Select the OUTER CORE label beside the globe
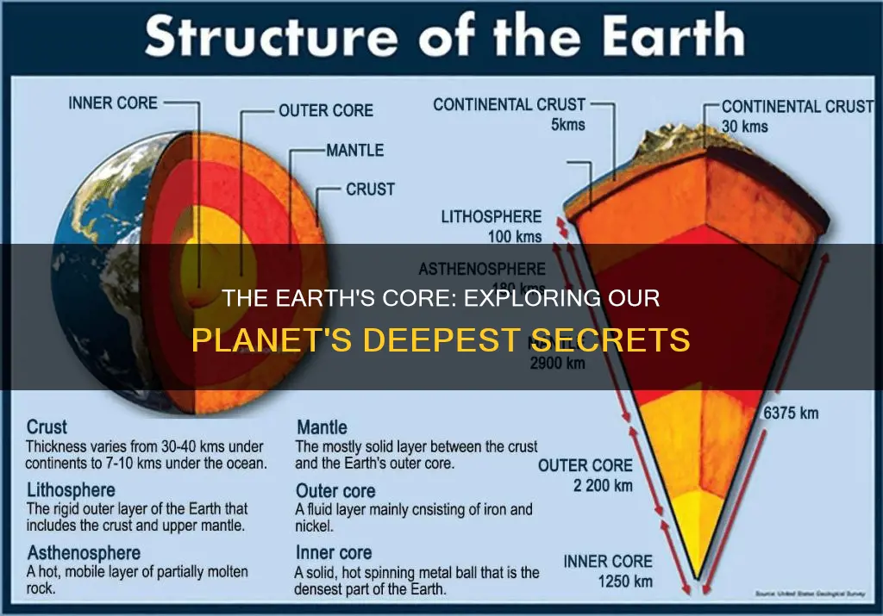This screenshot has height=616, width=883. pyautogui.click(x=326, y=110)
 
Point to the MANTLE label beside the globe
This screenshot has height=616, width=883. pyautogui.click(x=355, y=150)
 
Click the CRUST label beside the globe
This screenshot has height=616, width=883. pyautogui.click(x=370, y=189)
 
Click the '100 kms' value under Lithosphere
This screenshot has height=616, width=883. pyautogui.click(x=514, y=236)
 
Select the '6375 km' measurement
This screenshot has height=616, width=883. pyautogui.click(x=791, y=413)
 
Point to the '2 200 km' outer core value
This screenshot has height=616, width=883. pyautogui.click(x=603, y=485)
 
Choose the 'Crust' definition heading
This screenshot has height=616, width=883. pyautogui.click(x=47, y=427)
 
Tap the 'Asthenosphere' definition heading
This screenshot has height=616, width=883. pyautogui.click(x=84, y=552)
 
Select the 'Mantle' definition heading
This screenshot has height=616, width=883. pyautogui.click(x=322, y=427)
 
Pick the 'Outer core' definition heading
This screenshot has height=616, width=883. pyautogui.click(x=335, y=491)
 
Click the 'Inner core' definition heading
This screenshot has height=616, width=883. pyautogui.click(x=334, y=552)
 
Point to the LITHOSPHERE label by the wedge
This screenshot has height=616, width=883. pyautogui.click(x=492, y=217)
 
